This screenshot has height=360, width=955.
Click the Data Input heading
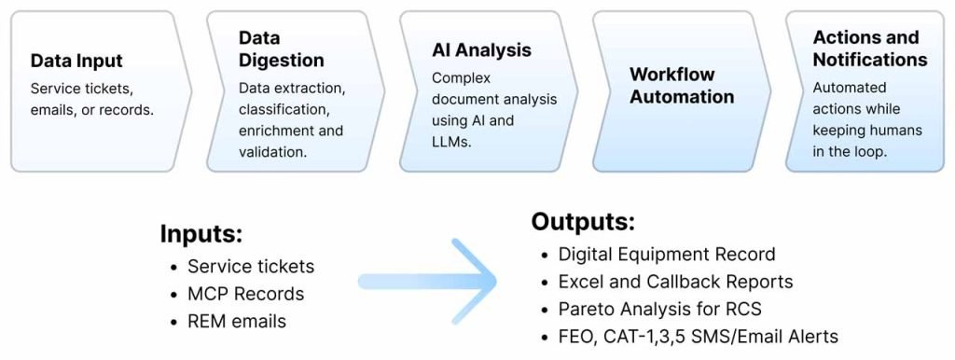pos(76,61)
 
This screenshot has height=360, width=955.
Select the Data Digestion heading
pos(282,48)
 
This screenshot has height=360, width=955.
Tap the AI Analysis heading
pos(482,50)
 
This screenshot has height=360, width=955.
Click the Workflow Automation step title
pos(682,85)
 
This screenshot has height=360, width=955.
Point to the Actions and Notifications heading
pos(870,48)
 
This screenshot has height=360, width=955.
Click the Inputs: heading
pos(201,234)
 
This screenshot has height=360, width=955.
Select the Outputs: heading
pos(584,222)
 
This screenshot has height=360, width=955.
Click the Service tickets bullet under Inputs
pos(251,266)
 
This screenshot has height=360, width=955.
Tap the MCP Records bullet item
pos(245,294)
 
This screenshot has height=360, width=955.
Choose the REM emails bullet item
pos(237,321)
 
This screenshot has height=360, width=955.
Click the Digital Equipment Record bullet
pos(667,254)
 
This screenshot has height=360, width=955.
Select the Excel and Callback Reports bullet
pos(676,282)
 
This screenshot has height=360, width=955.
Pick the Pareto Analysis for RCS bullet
pos(660,309)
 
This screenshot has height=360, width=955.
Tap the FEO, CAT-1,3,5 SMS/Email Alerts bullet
pos(699,337)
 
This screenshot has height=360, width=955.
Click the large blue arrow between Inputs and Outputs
pos(427,282)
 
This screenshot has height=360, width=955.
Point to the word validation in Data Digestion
pos(272,152)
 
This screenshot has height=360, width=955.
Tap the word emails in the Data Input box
pos(52,110)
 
